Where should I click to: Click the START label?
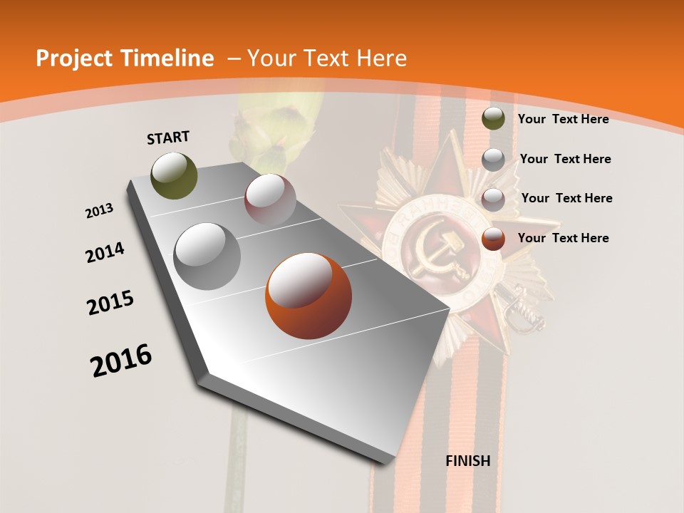pos(168,137)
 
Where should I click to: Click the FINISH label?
pos(467,461)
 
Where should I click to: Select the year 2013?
pos(99,211)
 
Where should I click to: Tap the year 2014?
pos(105,253)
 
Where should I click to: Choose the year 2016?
pos(121,361)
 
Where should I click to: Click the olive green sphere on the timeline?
pos(174,175)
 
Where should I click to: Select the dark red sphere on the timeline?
pos(269,199)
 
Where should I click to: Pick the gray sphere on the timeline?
pos(207,256)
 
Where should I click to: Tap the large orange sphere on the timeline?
pos(308,296)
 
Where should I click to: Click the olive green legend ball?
pos(493,118)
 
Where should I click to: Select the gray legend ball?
pos(493,160)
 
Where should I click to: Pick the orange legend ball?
pos(493,239)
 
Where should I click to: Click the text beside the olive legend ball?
pos(563,119)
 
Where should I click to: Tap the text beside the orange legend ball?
pos(563,238)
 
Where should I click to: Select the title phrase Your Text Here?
pos(327,58)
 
